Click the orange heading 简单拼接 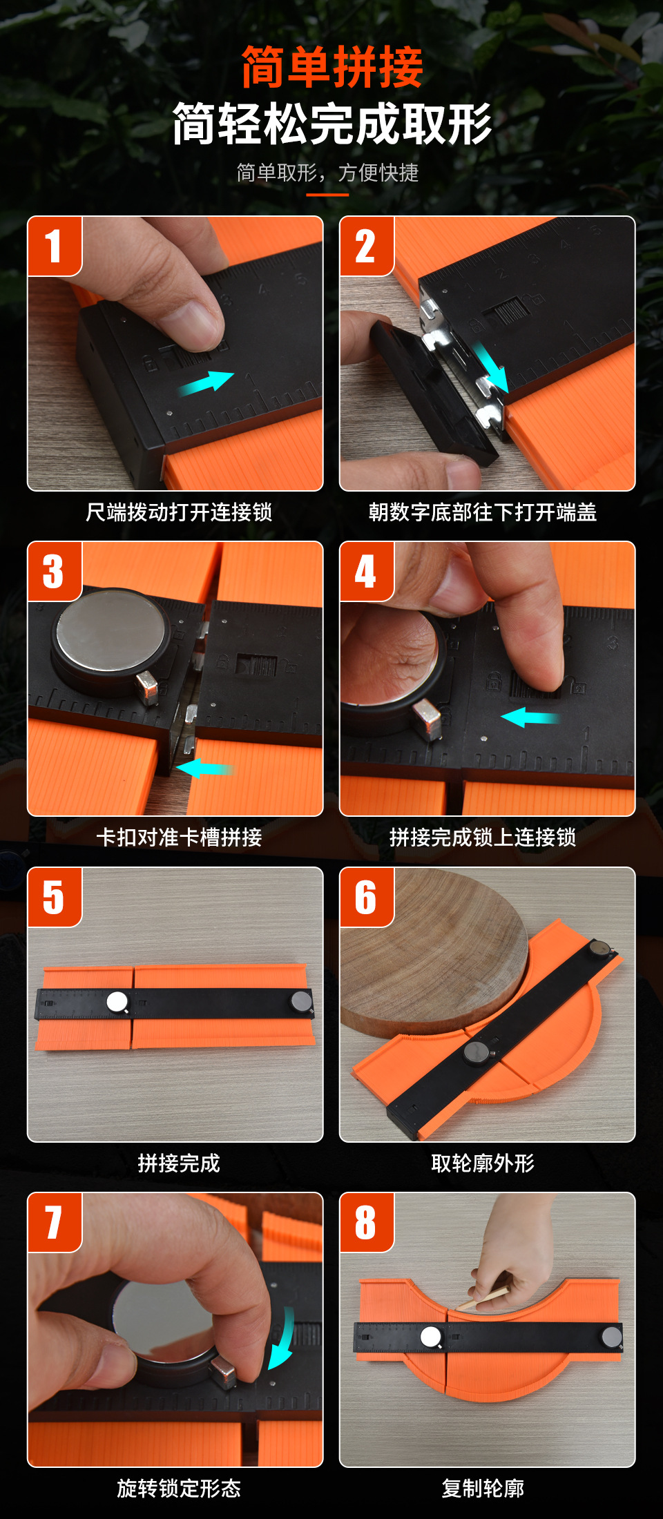click(332, 67)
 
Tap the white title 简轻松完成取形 click(332, 124)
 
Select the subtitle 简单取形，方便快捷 click(328, 173)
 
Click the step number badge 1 click(55, 246)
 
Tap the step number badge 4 click(367, 572)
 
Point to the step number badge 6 click(367, 897)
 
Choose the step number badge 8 click(367, 1222)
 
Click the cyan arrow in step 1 click(206, 383)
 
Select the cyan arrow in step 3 click(205, 768)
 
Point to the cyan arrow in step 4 click(530, 717)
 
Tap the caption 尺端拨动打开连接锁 click(179, 512)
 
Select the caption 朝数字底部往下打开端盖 click(483, 512)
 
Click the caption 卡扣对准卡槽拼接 click(179, 838)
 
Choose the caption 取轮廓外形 click(483, 1163)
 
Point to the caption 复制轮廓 click(483, 1489)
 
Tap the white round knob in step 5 click(117, 1001)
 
